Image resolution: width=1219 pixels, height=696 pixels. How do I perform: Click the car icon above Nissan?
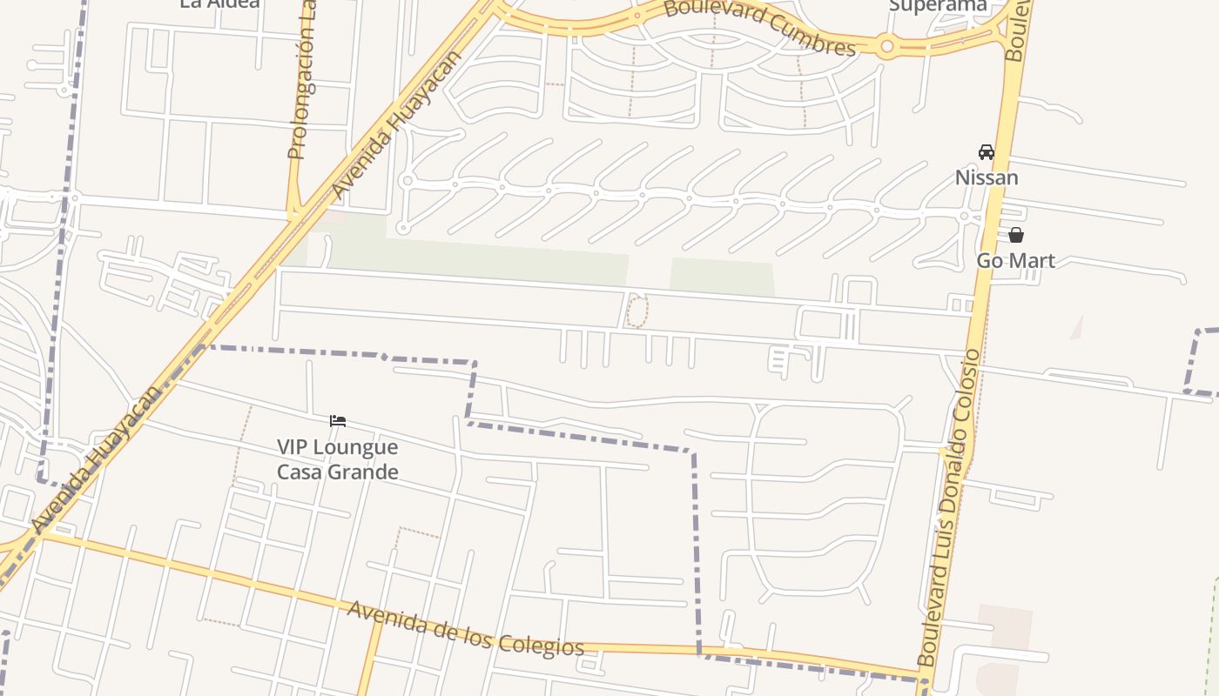point(986,152)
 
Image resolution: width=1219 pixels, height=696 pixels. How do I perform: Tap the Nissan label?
point(986,177)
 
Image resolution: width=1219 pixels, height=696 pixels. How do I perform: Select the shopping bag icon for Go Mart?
point(1015,235)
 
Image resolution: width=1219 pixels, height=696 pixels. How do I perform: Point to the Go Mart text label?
point(1015,260)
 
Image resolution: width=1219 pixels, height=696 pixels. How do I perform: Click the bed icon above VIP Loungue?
point(338,421)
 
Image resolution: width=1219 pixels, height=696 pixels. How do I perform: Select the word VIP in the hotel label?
point(293,447)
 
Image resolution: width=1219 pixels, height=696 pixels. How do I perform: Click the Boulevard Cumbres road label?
point(759,26)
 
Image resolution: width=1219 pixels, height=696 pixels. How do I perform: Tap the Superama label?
point(938,6)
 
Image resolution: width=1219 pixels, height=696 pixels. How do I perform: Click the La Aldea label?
point(219,4)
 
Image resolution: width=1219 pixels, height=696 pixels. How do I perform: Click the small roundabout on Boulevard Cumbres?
point(886,46)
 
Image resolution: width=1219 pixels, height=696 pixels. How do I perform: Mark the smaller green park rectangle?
point(721,277)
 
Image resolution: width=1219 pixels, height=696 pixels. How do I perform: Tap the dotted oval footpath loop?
point(637,311)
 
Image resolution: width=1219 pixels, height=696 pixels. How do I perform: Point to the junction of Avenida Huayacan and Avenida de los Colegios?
point(39,533)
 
